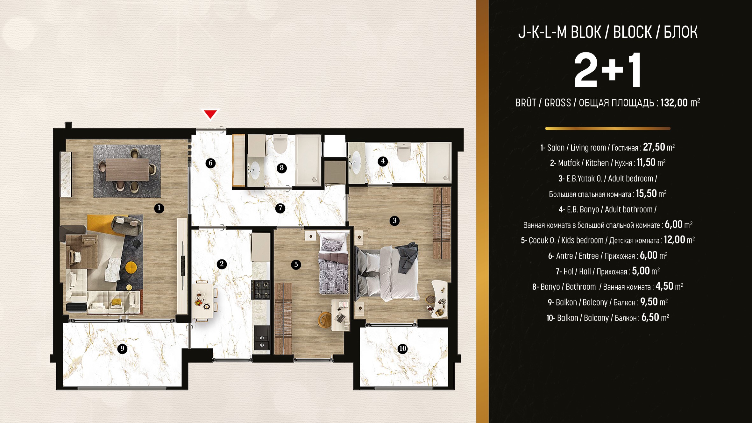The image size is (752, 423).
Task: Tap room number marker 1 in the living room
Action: pyautogui.click(x=159, y=208)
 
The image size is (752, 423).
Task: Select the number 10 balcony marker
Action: pyautogui.click(x=402, y=349)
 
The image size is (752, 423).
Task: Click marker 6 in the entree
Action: pyautogui.click(x=210, y=163)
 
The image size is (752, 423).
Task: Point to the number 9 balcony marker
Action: pyautogui.click(x=122, y=349)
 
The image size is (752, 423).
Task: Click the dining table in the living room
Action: pyautogui.click(x=127, y=170)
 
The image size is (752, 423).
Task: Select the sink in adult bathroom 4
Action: pyautogui.click(x=356, y=162)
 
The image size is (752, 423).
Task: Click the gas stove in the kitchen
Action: pyautogui.click(x=260, y=290)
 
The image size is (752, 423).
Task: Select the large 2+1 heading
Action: pyautogui.click(x=607, y=70)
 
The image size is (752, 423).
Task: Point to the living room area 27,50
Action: pyautogui.click(x=654, y=147)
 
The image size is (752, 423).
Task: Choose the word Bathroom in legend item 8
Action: pyautogui.click(x=581, y=287)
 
